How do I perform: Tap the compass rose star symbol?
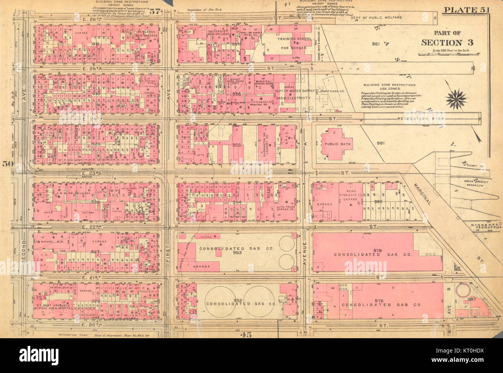[456, 98]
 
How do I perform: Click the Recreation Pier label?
[421, 118]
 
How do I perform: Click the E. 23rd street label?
[80, 174]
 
